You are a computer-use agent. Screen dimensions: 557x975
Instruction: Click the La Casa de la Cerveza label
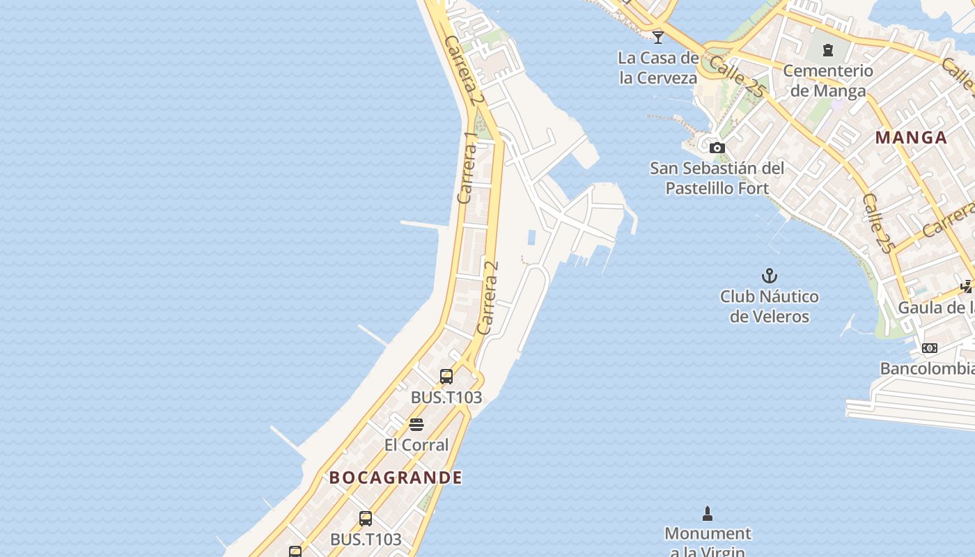[658, 68]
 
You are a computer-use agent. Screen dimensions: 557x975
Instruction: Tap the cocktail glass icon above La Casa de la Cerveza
[658, 37]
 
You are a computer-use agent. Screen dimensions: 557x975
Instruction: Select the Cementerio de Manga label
[828, 80]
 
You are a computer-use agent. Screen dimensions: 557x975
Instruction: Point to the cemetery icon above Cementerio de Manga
[828, 50]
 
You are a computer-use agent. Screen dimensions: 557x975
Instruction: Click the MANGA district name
[911, 138]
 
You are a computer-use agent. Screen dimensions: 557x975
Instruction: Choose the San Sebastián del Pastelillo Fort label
[717, 178]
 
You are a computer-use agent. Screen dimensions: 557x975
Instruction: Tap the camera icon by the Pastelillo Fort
[717, 148]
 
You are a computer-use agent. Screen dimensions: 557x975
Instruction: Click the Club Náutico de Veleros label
[770, 306]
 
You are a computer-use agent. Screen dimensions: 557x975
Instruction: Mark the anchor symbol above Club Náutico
[770, 276]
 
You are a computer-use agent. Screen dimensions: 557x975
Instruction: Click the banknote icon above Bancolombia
[930, 348]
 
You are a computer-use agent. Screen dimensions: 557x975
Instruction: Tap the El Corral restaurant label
[416, 444]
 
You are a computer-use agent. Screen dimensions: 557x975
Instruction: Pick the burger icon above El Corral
[416, 425]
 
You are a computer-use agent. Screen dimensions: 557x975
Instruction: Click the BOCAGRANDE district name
[396, 478]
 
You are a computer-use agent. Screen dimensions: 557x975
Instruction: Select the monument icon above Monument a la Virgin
[708, 514]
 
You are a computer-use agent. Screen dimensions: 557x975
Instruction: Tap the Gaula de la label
[936, 307]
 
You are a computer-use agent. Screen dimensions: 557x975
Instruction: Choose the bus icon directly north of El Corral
[446, 377]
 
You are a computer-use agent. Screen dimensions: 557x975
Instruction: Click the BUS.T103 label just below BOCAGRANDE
[366, 539]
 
